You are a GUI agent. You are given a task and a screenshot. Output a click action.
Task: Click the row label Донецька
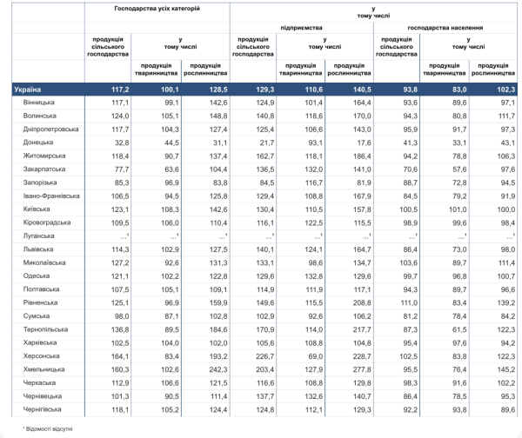(x=38, y=143)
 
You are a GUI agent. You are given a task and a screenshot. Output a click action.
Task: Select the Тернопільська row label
(x=45, y=329)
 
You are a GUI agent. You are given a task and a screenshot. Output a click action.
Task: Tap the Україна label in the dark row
(x=27, y=90)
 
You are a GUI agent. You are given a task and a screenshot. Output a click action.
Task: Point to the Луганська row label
(x=38, y=236)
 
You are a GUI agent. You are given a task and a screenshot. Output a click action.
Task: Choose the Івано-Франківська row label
(x=51, y=196)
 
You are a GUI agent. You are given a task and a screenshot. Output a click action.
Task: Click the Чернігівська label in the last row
(x=42, y=409)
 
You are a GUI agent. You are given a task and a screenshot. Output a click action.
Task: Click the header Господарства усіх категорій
(x=157, y=9)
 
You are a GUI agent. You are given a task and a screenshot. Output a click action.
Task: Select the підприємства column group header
(x=301, y=28)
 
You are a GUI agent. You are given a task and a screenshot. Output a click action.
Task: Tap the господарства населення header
(x=445, y=28)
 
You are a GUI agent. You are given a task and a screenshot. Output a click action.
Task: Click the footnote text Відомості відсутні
(x=49, y=429)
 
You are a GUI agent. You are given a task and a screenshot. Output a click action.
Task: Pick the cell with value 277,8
(x=362, y=369)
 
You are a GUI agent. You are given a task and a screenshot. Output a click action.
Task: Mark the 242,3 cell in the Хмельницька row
(x=218, y=369)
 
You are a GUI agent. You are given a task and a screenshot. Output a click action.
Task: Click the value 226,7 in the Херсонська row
(x=265, y=356)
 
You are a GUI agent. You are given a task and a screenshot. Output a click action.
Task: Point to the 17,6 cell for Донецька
(x=364, y=143)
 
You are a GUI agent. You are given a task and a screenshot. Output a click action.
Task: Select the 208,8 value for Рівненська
(x=362, y=302)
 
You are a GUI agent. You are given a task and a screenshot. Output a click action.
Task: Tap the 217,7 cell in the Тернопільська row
(x=362, y=329)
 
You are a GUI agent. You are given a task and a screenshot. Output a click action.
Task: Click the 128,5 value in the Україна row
(x=218, y=90)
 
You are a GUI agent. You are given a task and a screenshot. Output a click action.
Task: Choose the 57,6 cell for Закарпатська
(x=459, y=169)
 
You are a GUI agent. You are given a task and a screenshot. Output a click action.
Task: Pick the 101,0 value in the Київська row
(x=458, y=209)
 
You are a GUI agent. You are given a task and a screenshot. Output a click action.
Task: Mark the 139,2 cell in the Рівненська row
(x=506, y=302)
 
